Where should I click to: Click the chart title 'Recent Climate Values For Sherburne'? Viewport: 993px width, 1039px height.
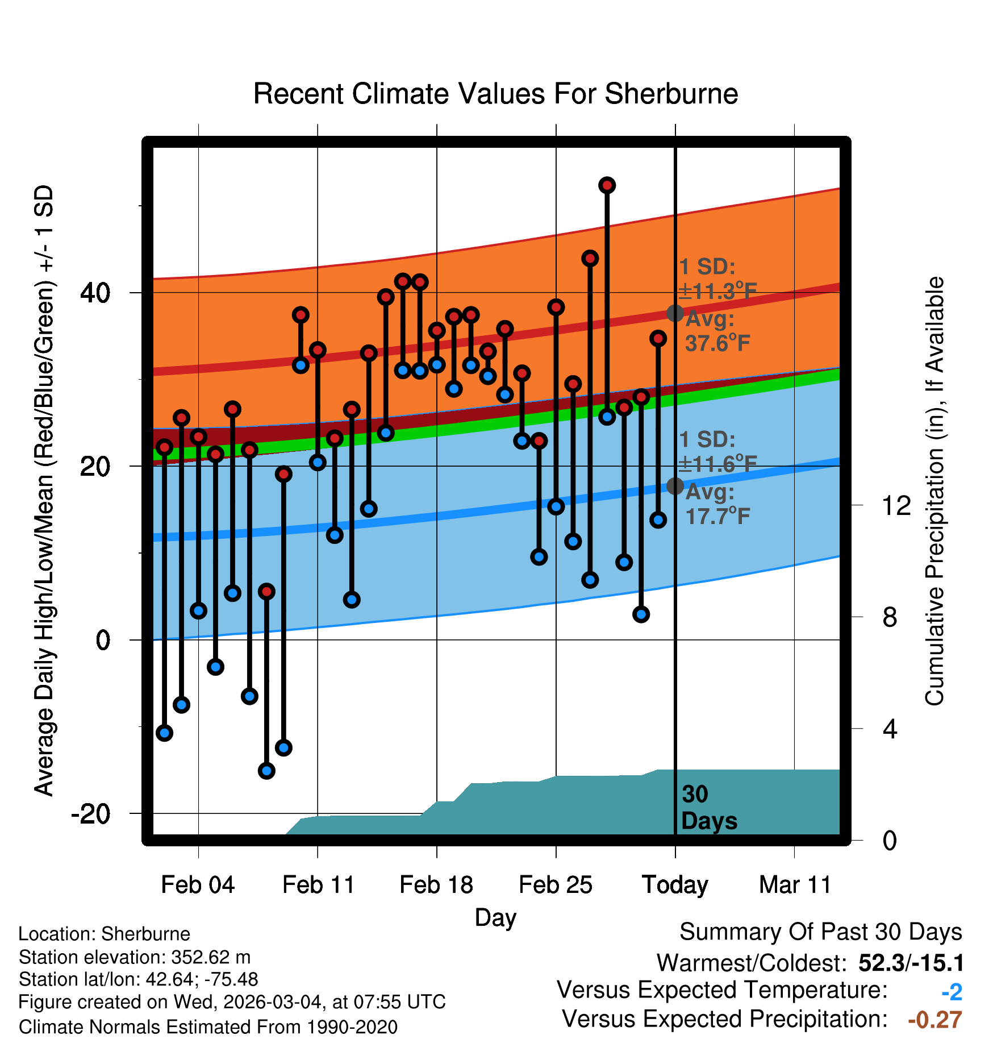(x=495, y=94)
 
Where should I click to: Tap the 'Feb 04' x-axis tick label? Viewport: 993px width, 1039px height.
(x=198, y=885)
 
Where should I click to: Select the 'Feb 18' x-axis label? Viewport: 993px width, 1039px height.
(x=436, y=885)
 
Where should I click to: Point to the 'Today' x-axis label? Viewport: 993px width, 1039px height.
(x=675, y=885)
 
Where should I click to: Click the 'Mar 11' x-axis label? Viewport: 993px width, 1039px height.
(x=795, y=885)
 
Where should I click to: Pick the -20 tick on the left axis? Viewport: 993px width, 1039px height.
(x=90, y=814)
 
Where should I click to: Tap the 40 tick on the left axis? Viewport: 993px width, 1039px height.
(x=95, y=293)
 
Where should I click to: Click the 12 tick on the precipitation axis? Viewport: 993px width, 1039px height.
(x=896, y=505)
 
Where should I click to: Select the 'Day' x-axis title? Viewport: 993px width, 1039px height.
(x=495, y=917)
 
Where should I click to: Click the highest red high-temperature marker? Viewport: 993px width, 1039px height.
(x=607, y=185)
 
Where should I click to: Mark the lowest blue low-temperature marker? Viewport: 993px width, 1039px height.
(x=266, y=771)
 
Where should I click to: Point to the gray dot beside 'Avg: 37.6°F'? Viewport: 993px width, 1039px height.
(x=675, y=313)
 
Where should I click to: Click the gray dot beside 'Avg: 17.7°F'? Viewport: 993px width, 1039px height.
(x=675, y=486)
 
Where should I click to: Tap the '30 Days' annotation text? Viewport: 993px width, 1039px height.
(x=708, y=808)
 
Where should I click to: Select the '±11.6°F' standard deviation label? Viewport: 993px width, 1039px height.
(x=717, y=464)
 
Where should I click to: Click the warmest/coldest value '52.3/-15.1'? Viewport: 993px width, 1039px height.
(x=911, y=963)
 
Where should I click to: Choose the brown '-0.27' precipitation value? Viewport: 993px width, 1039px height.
(x=934, y=1020)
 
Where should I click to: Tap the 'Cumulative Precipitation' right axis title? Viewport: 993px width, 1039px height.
(x=934, y=491)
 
